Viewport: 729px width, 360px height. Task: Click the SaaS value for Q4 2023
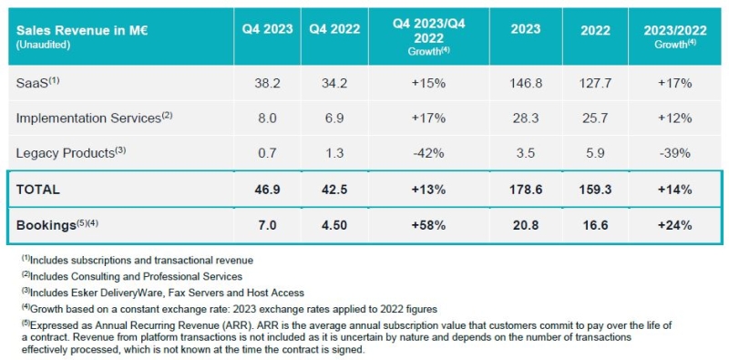pos(267,84)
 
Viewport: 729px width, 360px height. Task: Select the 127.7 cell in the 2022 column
pos(595,84)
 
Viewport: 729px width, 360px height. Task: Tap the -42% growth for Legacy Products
pos(428,153)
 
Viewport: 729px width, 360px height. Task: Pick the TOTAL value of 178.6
pos(526,190)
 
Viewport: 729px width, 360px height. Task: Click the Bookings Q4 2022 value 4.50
pos(334,226)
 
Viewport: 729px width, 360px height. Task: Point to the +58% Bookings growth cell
pos(428,226)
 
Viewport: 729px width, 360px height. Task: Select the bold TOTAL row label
pos(38,190)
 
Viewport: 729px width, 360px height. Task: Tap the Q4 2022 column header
pos(334,29)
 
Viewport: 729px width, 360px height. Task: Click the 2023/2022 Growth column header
pos(675,36)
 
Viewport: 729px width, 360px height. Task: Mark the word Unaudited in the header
pos(43,46)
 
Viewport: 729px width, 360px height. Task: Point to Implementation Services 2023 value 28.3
pos(526,118)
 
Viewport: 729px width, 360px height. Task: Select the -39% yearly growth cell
pos(675,153)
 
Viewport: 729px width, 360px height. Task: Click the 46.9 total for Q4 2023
pos(267,190)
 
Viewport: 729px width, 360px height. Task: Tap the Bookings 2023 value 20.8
pos(526,226)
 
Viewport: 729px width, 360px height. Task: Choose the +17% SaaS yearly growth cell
pos(675,84)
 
